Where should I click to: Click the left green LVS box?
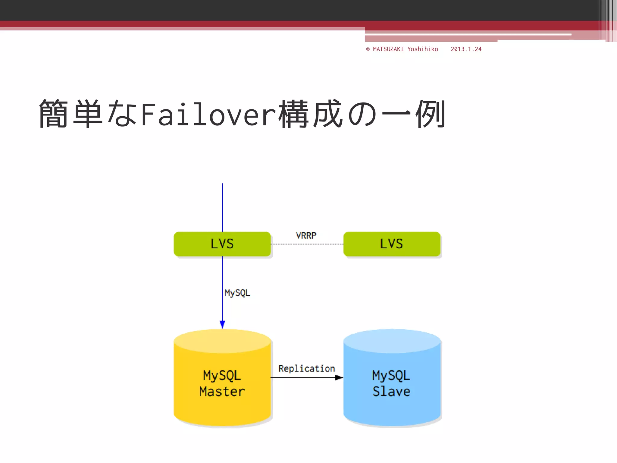click(x=222, y=244)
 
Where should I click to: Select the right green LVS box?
click(x=392, y=244)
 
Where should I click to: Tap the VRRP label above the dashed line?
click(x=306, y=235)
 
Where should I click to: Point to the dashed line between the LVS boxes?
click(x=307, y=244)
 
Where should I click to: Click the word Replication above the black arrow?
click(x=306, y=369)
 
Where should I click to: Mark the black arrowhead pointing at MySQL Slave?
click(x=339, y=377)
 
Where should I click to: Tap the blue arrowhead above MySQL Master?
click(x=222, y=324)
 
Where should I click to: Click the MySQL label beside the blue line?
click(x=237, y=293)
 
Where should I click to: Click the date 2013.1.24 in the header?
click(x=466, y=49)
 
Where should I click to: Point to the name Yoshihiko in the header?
click(x=422, y=49)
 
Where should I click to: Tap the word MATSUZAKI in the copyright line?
click(x=388, y=49)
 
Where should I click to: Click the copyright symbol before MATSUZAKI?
click(x=368, y=49)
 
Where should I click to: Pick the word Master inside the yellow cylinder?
click(x=222, y=392)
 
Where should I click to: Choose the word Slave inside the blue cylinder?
click(x=391, y=392)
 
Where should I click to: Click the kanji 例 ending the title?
click(x=430, y=114)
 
